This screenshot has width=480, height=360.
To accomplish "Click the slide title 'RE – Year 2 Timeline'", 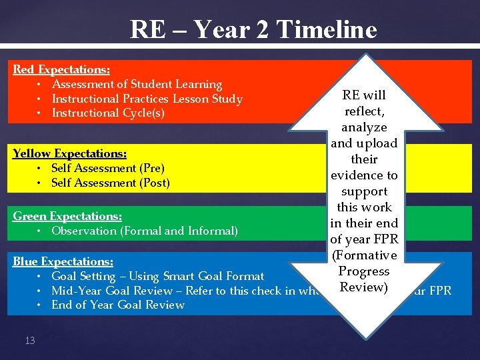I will pos(253,29).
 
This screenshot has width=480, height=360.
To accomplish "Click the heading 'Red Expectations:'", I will pos(62,69).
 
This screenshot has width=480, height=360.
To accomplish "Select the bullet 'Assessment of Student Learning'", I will pos(137,84).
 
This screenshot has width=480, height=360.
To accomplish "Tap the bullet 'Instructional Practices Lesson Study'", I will pos(147,99).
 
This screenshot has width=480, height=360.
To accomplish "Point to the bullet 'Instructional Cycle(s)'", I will pos(108,113).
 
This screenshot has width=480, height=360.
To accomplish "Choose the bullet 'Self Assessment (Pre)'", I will pos(108,168).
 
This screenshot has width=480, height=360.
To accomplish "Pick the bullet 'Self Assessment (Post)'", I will pos(111,183).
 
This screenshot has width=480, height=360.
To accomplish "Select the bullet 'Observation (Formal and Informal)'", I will pos(144,231).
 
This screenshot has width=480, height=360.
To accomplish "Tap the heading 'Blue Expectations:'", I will pos(63,261).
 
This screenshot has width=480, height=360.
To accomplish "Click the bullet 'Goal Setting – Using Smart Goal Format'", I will pos(157,276).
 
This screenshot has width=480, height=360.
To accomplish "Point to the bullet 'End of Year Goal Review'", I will pos(118,305).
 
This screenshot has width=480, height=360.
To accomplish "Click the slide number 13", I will pos(29,341).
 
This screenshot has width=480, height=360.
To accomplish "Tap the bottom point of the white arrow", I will pos(365,337).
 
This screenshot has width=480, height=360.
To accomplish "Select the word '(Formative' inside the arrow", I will pos(364,255).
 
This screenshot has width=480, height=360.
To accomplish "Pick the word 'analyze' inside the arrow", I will pos(364,127).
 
